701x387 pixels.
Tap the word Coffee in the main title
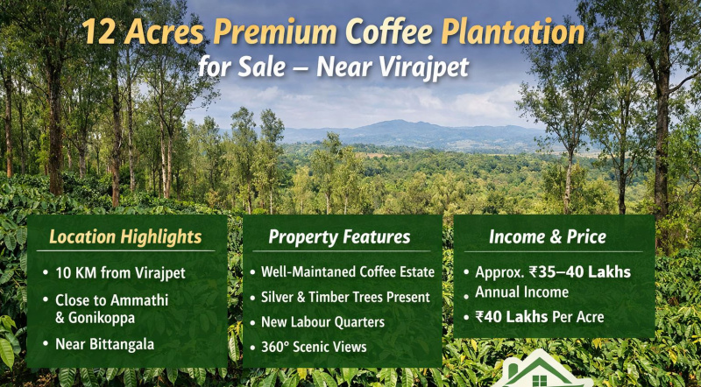(x=387, y=33)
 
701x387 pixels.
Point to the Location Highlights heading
(x=125, y=237)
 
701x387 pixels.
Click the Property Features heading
(x=339, y=237)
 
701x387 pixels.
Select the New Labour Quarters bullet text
(x=322, y=322)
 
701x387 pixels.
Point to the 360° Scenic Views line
(x=314, y=347)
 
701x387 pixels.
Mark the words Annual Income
(x=521, y=292)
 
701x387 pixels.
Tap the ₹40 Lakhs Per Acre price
(x=539, y=316)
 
